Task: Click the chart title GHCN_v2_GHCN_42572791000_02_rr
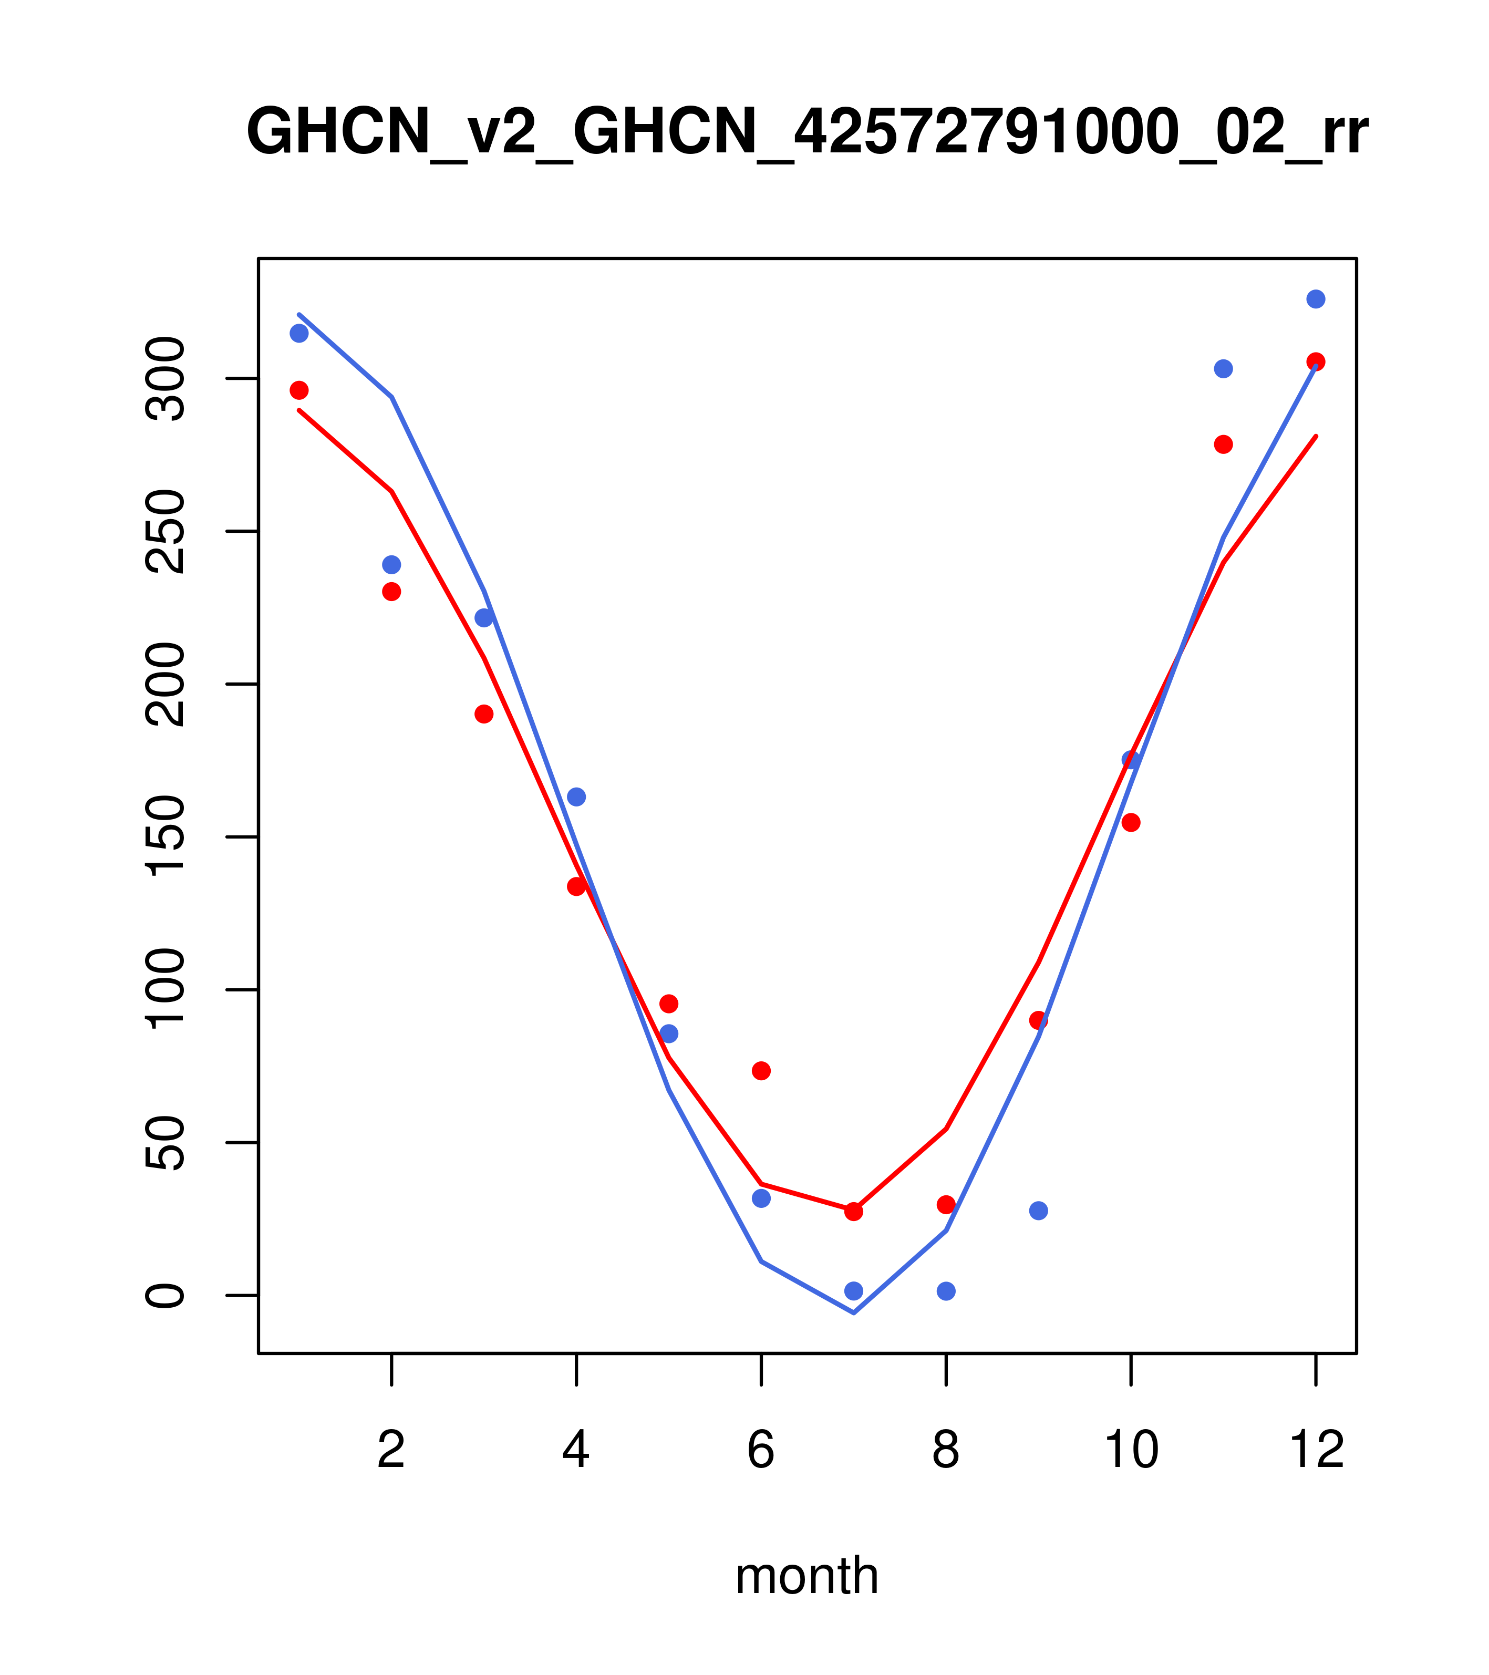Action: coord(806,133)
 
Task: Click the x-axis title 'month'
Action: coord(806,1575)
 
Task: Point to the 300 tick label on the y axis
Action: coord(167,379)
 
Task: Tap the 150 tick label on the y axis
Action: coord(167,836)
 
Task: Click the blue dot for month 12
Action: coord(1315,299)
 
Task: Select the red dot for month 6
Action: coord(761,1070)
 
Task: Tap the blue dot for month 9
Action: coord(1038,1211)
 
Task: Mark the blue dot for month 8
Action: coord(946,1291)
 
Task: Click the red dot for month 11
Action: coord(1223,444)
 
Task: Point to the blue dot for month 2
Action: coord(392,565)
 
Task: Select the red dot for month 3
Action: coord(484,714)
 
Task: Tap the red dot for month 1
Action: coord(299,390)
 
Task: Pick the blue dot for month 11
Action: coord(1223,369)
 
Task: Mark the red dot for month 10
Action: coord(1131,822)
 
